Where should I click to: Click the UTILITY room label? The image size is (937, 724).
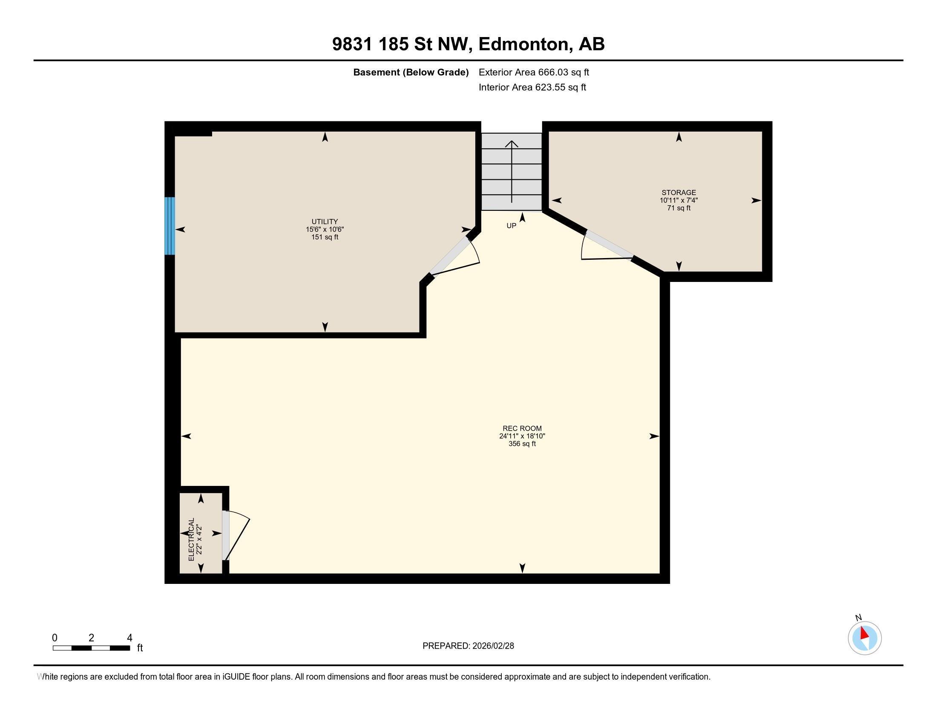coord(325,222)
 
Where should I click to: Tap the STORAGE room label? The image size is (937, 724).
coord(678,192)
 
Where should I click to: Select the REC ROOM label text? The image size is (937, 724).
coord(522,428)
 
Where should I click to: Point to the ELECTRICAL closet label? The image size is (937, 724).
coord(191,539)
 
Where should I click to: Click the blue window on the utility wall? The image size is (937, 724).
coord(170,226)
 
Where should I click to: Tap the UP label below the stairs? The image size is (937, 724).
coord(512,226)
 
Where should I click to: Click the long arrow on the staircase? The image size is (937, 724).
coord(512,172)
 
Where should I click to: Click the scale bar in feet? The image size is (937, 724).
coord(91,648)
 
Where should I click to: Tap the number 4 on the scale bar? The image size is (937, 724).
coord(129,638)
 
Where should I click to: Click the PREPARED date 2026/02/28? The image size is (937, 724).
coord(492,646)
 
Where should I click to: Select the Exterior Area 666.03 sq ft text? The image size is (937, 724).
coord(534,72)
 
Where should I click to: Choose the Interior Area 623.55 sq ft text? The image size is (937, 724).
coord(532,87)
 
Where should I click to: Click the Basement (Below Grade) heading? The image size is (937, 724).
coord(411,72)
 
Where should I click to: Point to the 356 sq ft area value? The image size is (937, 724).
coord(522,444)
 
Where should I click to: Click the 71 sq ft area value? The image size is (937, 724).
coord(678,208)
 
